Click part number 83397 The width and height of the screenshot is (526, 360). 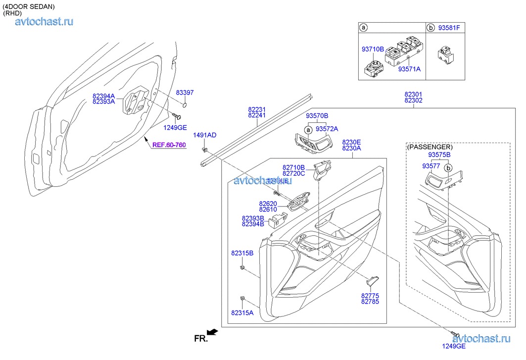pyautogui.click(x=185, y=93)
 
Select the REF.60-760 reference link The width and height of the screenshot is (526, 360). pyautogui.click(x=169, y=145)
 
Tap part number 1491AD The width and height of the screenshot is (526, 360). pyautogui.click(x=204, y=135)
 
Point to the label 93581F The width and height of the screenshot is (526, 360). pyautogui.click(x=449, y=28)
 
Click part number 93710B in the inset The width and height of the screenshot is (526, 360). pyautogui.click(x=373, y=49)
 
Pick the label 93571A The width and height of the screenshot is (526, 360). pyautogui.click(x=409, y=69)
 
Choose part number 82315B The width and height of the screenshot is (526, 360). pyautogui.click(x=242, y=253)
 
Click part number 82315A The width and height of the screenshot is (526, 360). pyautogui.click(x=242, y=312)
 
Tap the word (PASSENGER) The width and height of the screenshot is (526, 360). pyautogui.click(x=430, y=147)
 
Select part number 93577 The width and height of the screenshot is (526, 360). pyautogui.click(x=431, y=166)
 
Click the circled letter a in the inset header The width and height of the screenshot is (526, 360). pyautogui.click(x=363, y=28)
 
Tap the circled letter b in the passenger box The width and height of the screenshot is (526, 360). pyautogui.click(x=448, y=168)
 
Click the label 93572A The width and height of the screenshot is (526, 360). pyautogui.click(x=327, y=129)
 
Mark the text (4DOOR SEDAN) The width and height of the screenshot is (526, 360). pyautogui.click(x=29, y=6)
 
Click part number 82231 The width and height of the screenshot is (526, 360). pyautogui.click(x=257, y=109)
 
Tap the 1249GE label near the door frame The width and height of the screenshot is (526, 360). pyautogui.click(x=175, y=127)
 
